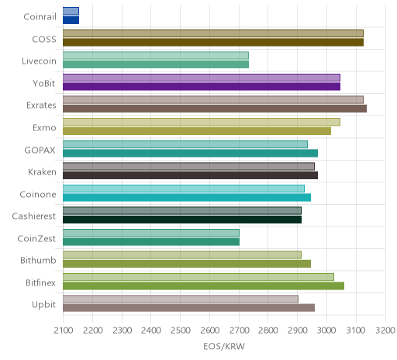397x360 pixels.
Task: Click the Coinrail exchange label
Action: (x=40, y=17)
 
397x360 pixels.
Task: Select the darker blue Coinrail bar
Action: (x=71, y=20)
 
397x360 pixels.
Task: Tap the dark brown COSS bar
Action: (x=213, y=42)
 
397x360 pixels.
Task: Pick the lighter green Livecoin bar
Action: (x=156, y=55)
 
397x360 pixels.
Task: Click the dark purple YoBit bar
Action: (x=202, y=86)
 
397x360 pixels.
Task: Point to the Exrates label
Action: (x=41, y=106)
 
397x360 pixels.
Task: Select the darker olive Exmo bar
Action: (x=197, y=131)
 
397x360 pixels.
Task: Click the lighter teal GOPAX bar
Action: (x=185, y=144)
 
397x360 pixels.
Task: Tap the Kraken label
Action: (x=42, y=172)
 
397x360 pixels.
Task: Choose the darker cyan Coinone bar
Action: (x=187, y=197)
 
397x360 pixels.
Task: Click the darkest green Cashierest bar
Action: (x=182, y=220)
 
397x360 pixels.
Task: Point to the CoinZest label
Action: (x=36, y=238)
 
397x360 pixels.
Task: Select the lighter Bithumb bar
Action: (x=182, y=255)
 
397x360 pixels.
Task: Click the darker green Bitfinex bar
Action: (x=203, y=286)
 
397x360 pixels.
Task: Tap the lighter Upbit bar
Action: (x=181, y=299)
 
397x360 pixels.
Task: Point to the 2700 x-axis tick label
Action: (x=240, y=331)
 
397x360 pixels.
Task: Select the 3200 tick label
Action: (x=385, y=331)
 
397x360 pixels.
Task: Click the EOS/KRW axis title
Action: (x=224, y=346)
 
